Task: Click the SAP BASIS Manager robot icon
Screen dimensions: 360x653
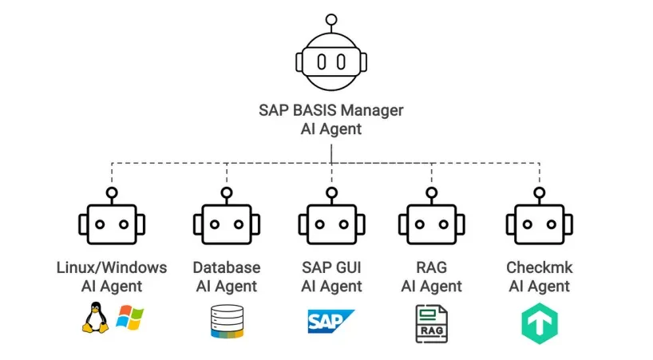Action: pos(331,61)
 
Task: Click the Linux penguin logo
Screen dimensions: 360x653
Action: pos(94,318)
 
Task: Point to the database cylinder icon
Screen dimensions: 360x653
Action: pos(226,322)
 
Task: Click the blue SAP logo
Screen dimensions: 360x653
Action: pos(331,321)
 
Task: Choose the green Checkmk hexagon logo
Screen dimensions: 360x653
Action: pos(539,323)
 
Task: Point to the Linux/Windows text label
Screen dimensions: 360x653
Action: pos(112,267)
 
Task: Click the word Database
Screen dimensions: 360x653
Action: pos(227,267)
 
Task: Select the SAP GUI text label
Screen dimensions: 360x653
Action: pos(331,267)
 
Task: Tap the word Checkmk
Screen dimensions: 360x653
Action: pos(539,267)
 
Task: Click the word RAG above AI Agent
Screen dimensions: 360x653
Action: pos(431,267)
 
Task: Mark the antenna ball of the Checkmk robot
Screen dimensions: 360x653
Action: pos(539,192)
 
